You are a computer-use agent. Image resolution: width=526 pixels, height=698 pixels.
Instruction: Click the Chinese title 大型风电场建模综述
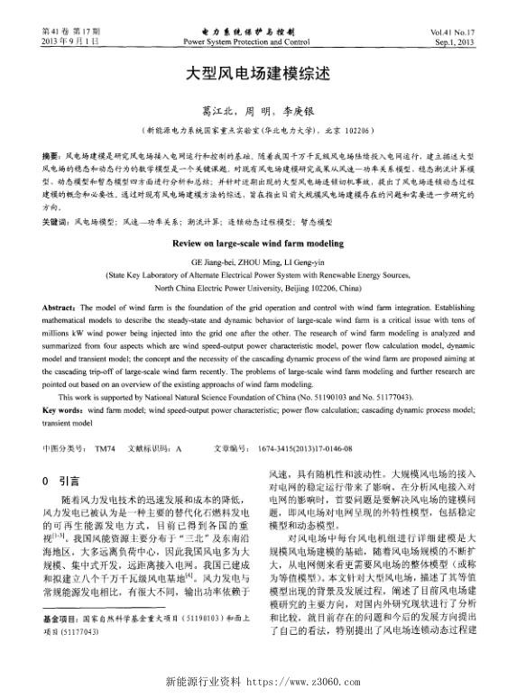[263, 78]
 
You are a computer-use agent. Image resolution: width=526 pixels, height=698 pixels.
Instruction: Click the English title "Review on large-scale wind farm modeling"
[263, 243]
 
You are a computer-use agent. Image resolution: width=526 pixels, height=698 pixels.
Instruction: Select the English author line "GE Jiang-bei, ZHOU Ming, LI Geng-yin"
[263, 262]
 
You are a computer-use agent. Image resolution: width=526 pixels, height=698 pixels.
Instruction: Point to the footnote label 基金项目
[60, 647]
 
